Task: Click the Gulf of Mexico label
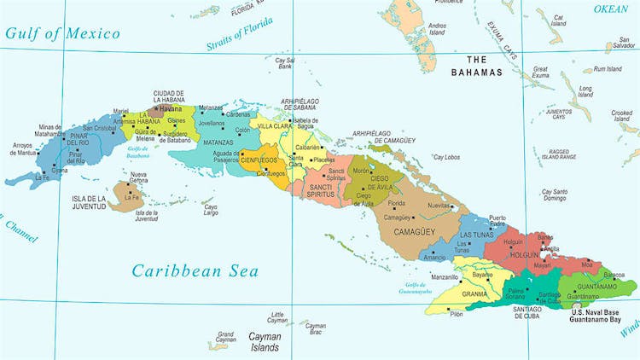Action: pos(62,33)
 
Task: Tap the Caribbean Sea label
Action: pos(194,271)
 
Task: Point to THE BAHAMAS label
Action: pos(477,66)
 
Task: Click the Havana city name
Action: pos(172,109)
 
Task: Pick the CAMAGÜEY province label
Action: pos(402,230)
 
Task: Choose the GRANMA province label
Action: pos(474,294)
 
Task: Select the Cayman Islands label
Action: pos(265,341)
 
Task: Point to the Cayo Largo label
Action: pos(210,209)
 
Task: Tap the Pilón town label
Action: pos(457,315)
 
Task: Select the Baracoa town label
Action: pos(613,275)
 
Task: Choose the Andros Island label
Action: pos(436,31)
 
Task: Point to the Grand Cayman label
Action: pos(225,338)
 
